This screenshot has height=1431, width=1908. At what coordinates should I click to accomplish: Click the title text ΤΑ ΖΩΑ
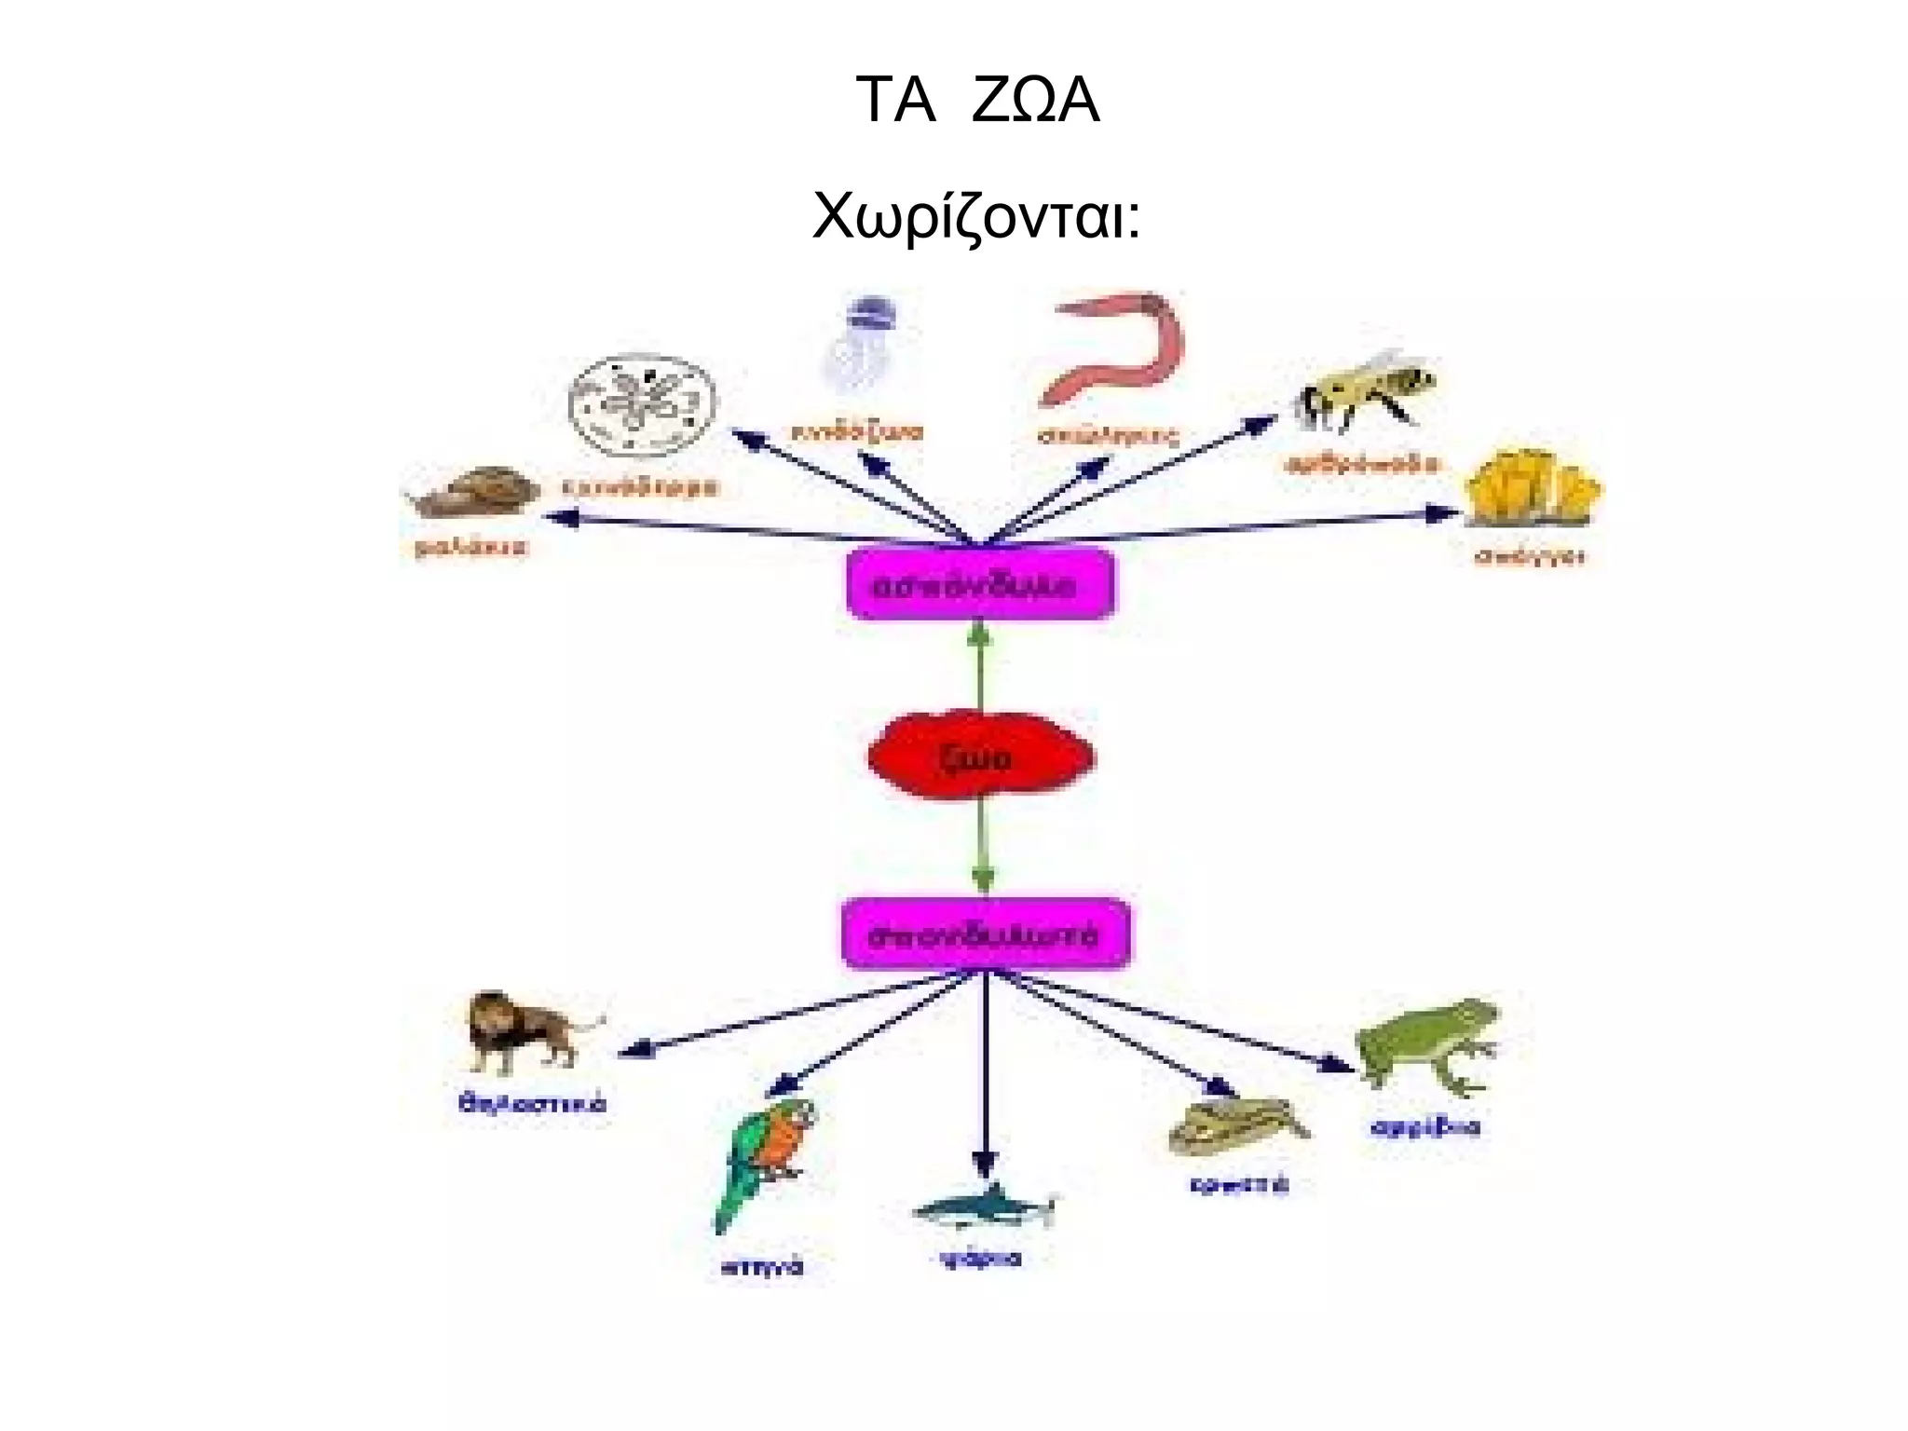click(x=977, y=101)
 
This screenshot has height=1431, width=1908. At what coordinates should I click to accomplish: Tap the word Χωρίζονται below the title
click(x=975, y=216)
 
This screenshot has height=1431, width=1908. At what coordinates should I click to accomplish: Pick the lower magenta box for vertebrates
click(x=986, y=934)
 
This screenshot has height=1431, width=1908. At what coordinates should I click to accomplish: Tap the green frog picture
click(x=1425, y=1044)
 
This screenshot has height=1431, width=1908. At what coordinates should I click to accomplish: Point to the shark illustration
click(x=984, y=1207)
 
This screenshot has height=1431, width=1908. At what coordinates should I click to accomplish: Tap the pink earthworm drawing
click(x=1112, y=348)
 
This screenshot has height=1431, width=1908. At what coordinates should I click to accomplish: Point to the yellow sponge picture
click(x=1531, y=489)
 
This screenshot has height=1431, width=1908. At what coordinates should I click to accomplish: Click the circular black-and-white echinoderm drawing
click(x=643, y=406)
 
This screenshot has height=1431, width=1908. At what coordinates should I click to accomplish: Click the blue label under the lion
click(x=532, y=1105)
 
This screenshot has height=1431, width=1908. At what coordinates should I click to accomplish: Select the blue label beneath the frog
click(x=1424, y=1128)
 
